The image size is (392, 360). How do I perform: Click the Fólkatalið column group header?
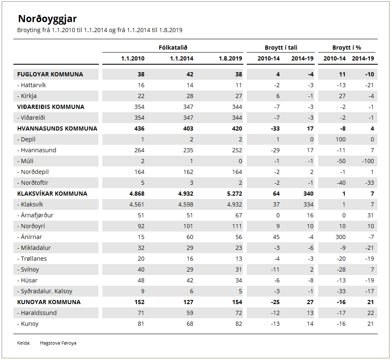(173, 48)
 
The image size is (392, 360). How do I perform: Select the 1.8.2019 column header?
(230, 58)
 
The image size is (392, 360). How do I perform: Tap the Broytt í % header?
(347, 48)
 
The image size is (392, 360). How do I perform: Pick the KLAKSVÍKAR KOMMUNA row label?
(52, 194)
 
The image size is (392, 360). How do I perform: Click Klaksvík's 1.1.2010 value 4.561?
(137, 204)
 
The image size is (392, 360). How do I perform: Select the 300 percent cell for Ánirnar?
(341, 237)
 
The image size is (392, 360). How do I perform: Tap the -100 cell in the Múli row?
(368, 161)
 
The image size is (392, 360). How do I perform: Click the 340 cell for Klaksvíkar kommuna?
(308, 194)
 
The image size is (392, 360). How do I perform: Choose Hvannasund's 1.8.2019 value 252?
(237, 150)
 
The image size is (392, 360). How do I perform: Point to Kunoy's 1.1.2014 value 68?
(190, 324)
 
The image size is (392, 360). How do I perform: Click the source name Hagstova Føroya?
(58, 343)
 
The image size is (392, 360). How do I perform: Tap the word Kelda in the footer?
(23, 343)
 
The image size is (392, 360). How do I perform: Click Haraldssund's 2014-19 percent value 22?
(370, 313)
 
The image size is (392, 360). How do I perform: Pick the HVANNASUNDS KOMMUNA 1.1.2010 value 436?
(139, 128)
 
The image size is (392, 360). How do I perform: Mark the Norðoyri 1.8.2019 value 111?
(237, 226)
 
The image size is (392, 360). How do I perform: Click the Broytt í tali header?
(281, 48)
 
